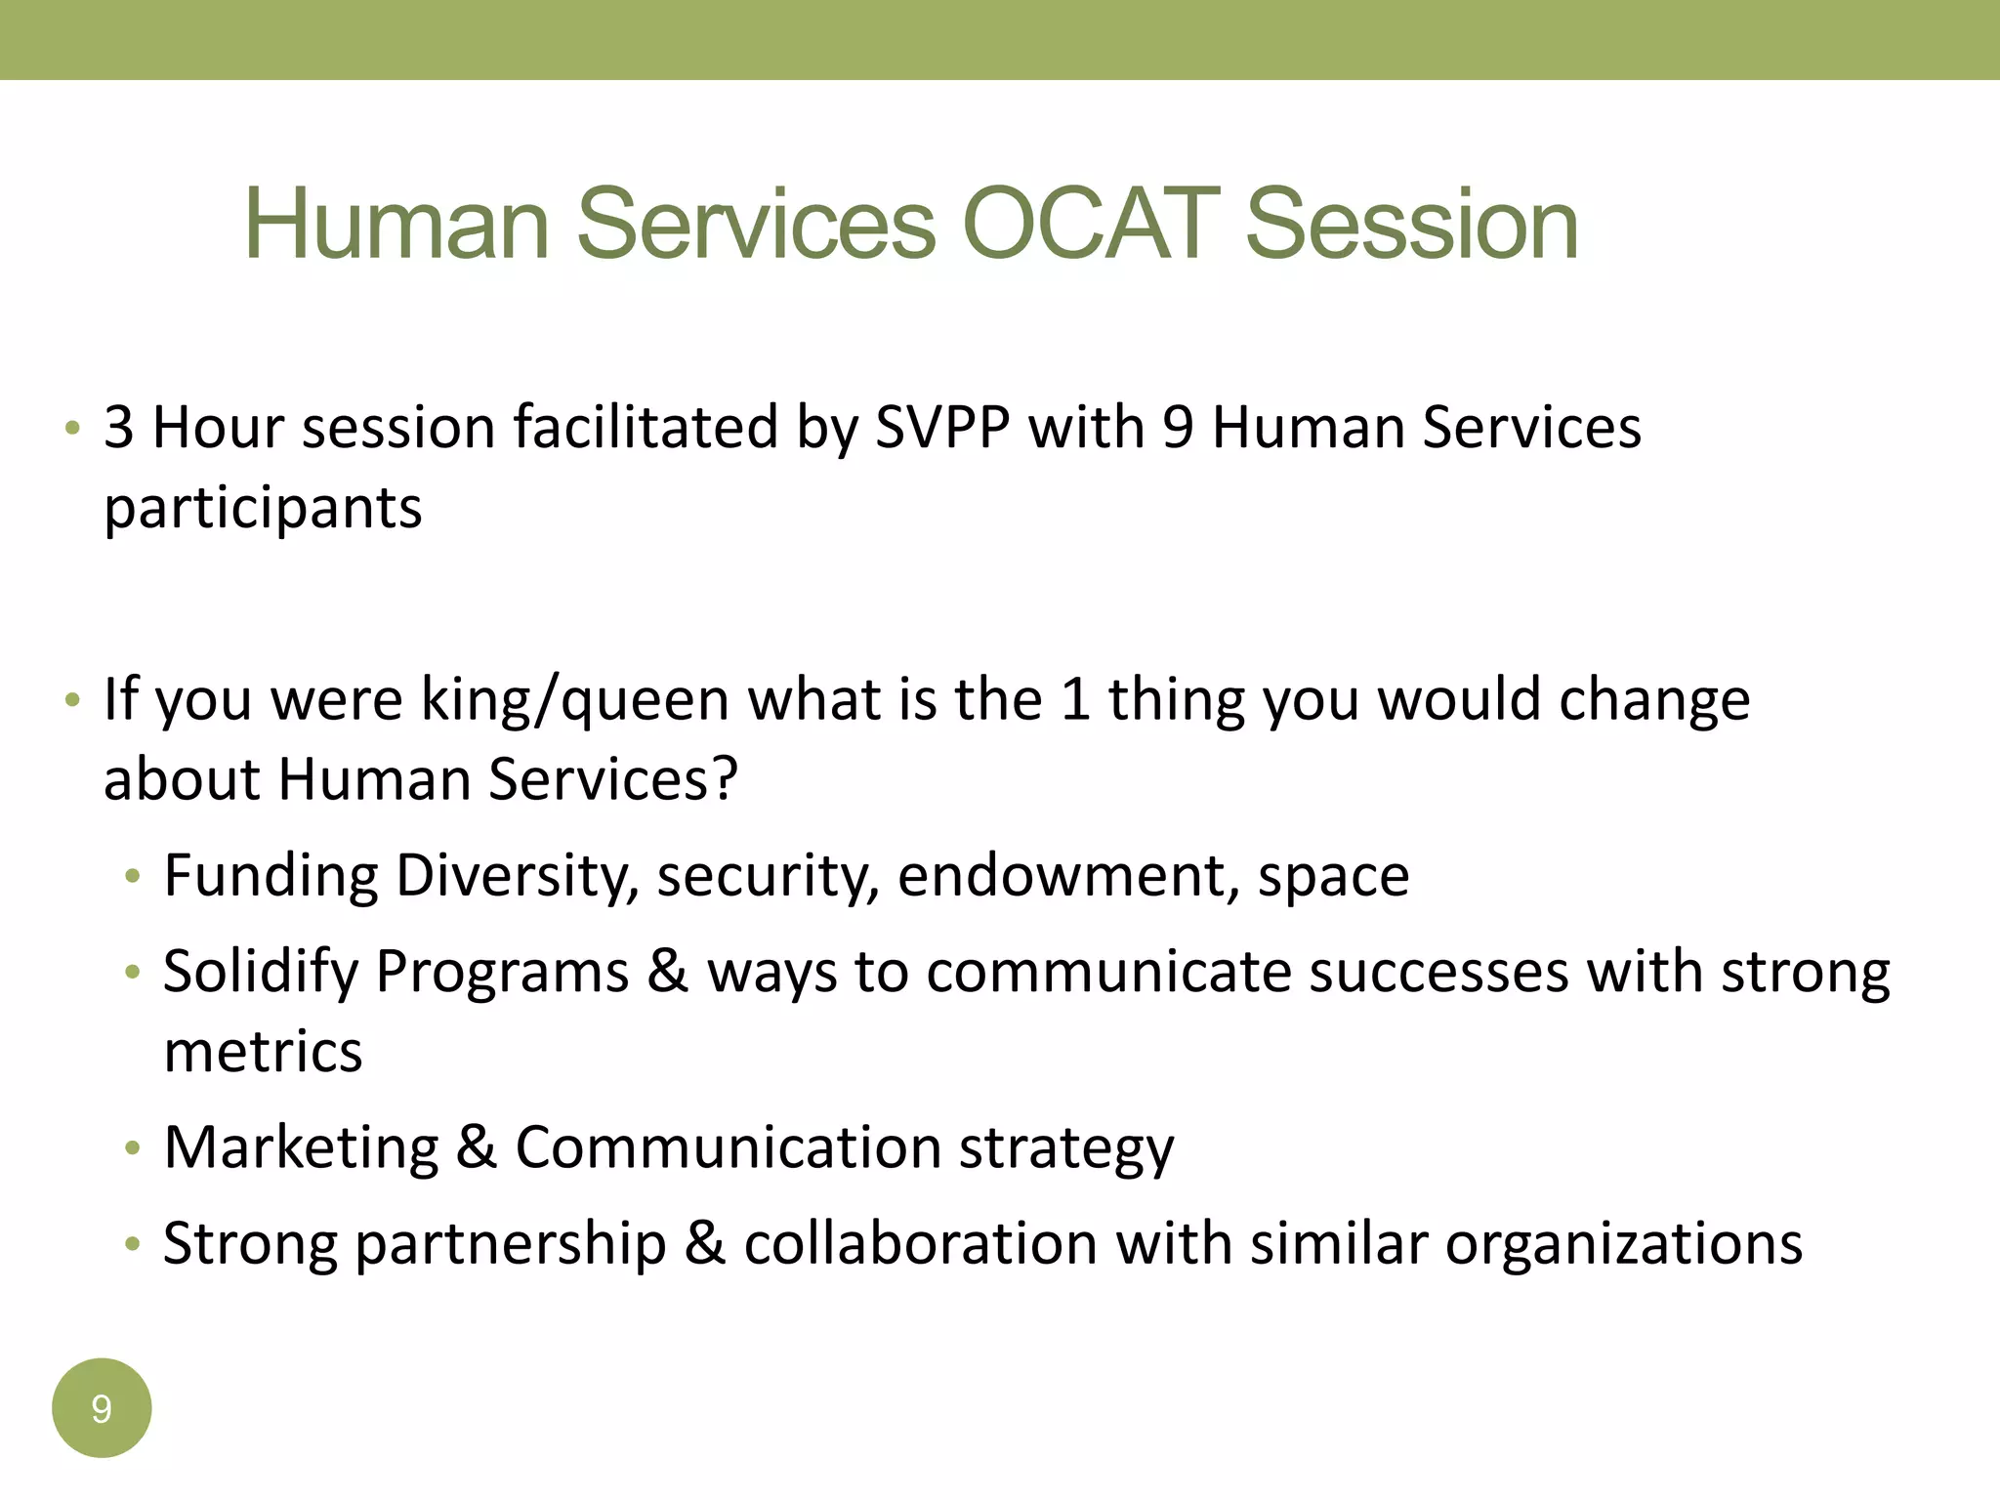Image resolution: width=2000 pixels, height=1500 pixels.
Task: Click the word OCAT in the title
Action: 1090,225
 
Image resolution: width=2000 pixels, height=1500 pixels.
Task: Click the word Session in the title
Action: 1412,225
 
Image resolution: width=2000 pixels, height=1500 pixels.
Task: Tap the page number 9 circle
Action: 102,1407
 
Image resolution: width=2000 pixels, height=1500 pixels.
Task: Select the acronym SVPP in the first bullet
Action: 941,428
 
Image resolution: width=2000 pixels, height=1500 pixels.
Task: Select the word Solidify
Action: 261,973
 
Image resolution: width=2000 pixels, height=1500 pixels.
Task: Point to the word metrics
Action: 263,1052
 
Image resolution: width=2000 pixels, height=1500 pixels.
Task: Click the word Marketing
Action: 301,1146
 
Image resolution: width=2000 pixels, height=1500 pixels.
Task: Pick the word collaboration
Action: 920,1243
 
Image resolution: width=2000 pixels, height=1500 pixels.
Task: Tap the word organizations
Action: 1623,1245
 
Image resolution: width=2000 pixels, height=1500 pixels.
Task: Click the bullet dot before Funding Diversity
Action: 133,877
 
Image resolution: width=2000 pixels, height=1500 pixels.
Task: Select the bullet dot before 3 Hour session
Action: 72,429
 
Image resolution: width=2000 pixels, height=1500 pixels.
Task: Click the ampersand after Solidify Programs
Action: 667,972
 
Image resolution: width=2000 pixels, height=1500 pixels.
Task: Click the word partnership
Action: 511,1245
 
